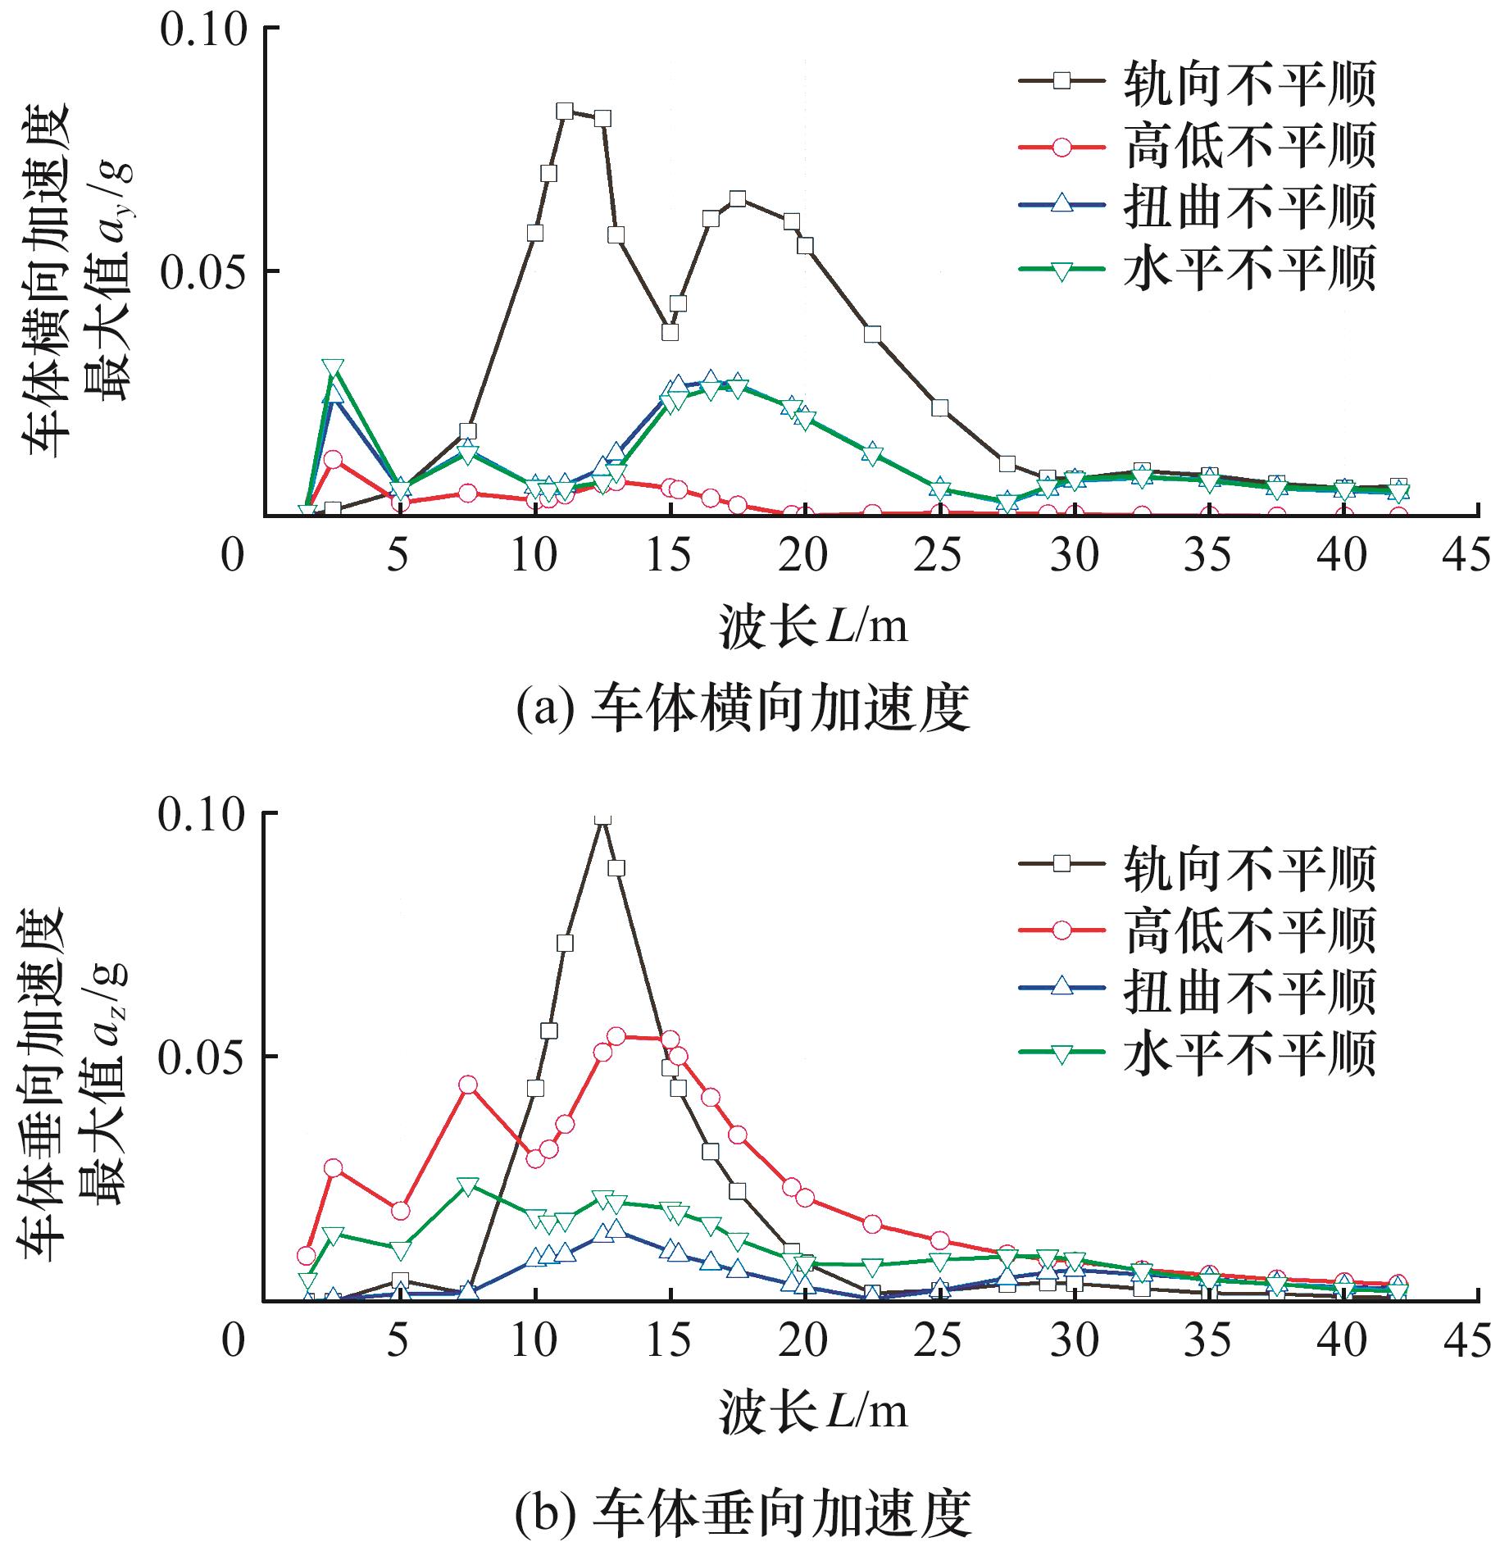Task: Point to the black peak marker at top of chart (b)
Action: click(x=602, y=817)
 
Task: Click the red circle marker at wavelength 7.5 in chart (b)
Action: click(x=467, y=1085)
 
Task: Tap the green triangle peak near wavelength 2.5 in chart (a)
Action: click(x=332, y=368)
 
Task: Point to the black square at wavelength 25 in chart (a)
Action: click(x=940, y=408)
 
